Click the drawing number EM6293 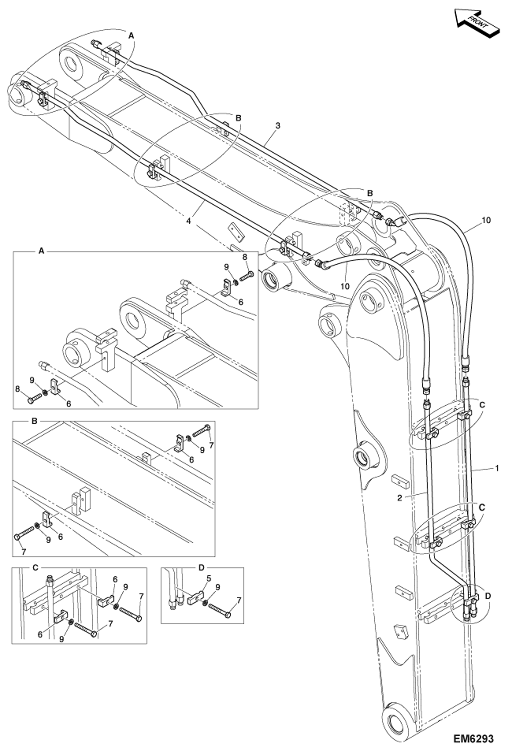(x=473, y=739)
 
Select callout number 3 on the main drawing (x=278, y=126)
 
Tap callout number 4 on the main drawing (x=189, y=221)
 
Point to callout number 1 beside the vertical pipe (x=497, y=468)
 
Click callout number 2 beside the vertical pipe (x=400, y=498)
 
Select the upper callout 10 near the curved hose (x=486, y=220)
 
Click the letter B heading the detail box (x=34, y=421)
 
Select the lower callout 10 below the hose (x=345, y=286)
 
